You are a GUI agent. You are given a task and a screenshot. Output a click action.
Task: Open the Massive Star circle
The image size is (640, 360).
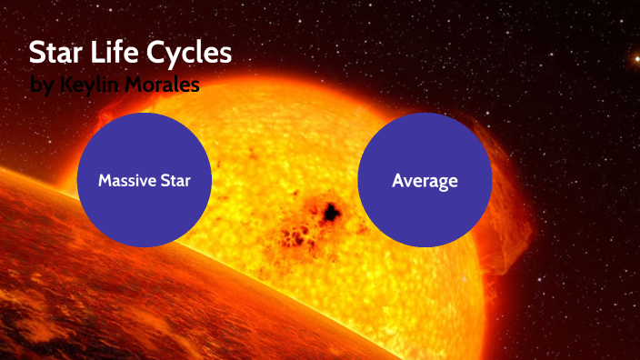tap(145, 180)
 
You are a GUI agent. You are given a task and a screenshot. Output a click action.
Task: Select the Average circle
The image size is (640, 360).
tap(425, 180)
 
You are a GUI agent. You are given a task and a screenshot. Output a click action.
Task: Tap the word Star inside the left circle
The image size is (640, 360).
tap(178, 180)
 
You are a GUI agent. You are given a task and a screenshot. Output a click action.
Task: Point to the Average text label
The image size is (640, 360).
tap(425, 180)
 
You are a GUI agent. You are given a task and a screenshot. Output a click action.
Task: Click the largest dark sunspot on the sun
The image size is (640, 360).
tap(330, 213)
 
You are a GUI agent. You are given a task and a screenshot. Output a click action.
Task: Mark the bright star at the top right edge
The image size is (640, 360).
tap(635, 59)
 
